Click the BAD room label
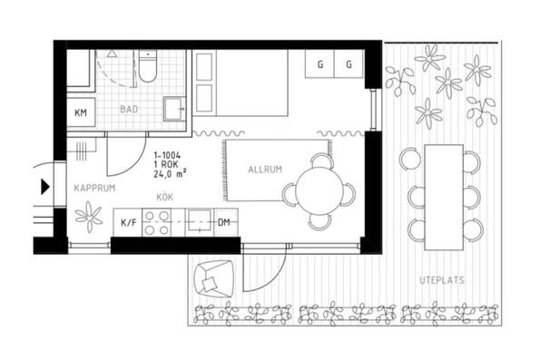pos(129,110)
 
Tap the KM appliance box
pos(81,112)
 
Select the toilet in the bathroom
pos(147,65)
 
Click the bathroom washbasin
pos(174,109)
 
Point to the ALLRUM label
pos(265,170)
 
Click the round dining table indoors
pos(319,191)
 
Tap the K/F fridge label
pos(129,223)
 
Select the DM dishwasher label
pos(224,222)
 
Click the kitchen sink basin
pos(199,221)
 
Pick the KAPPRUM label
pos(94,189)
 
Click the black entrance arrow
pos(45,187)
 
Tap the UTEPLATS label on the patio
pos(442,280)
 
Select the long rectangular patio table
pos(444,197)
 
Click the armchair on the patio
pos(214,278)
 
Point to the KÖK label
pos(165,197)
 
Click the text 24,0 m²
pos(170,174)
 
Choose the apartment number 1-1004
pos(167,156)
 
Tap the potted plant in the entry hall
pos(89,217)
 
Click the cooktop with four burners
pos(157,223)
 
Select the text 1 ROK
pos(166,165)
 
